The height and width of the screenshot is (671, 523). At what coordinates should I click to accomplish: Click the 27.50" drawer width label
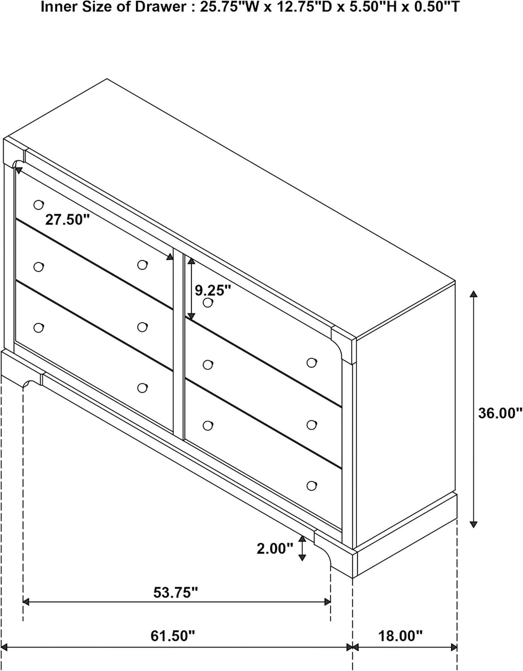(67, 220)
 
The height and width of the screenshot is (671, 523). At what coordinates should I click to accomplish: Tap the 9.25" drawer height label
(212, 290)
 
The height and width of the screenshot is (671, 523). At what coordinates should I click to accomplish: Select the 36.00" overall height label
(500, 413)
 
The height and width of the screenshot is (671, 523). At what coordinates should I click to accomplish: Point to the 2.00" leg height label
(275, 549)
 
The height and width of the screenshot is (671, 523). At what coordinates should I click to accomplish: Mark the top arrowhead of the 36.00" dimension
(473, 294)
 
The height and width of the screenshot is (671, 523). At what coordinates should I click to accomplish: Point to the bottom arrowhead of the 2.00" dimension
(302, 557)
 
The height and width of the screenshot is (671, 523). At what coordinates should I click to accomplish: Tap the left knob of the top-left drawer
(39, 204)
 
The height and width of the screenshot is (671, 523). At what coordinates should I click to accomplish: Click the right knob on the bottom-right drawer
(312, 486)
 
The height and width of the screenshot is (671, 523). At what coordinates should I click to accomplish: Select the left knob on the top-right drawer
(208, 303)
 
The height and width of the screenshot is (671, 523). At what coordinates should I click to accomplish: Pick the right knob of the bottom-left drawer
(142, 388)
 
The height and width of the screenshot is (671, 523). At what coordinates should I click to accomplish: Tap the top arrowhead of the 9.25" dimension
(192, 261)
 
